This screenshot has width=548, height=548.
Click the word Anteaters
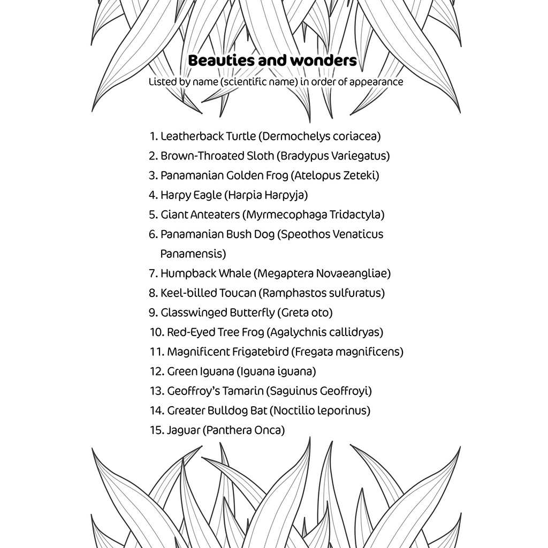[x=214, y=215]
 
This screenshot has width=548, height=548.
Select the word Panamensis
[x=193, y=254]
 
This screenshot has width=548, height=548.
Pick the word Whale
[x=234, y=273]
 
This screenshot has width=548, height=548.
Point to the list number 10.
[x=156, y=332]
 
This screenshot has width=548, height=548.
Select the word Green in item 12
[x=182, y=371]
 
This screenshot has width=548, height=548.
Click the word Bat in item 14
[x=256, y=411]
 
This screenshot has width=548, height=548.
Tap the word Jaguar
[x=183, y=430]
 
